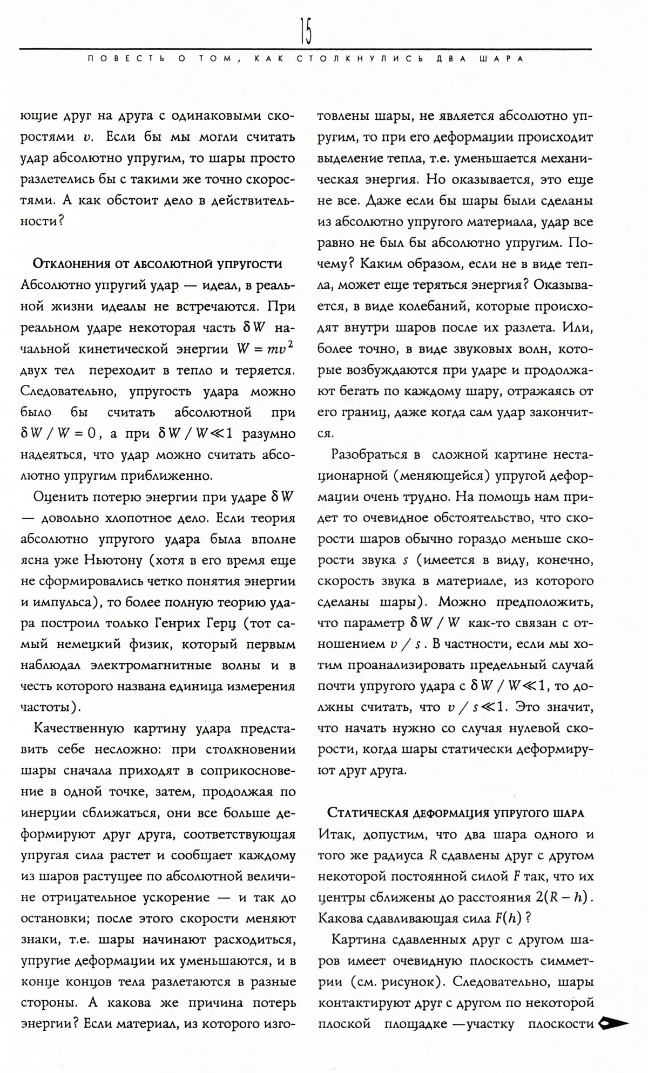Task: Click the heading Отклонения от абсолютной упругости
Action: click(x=158, y=263)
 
